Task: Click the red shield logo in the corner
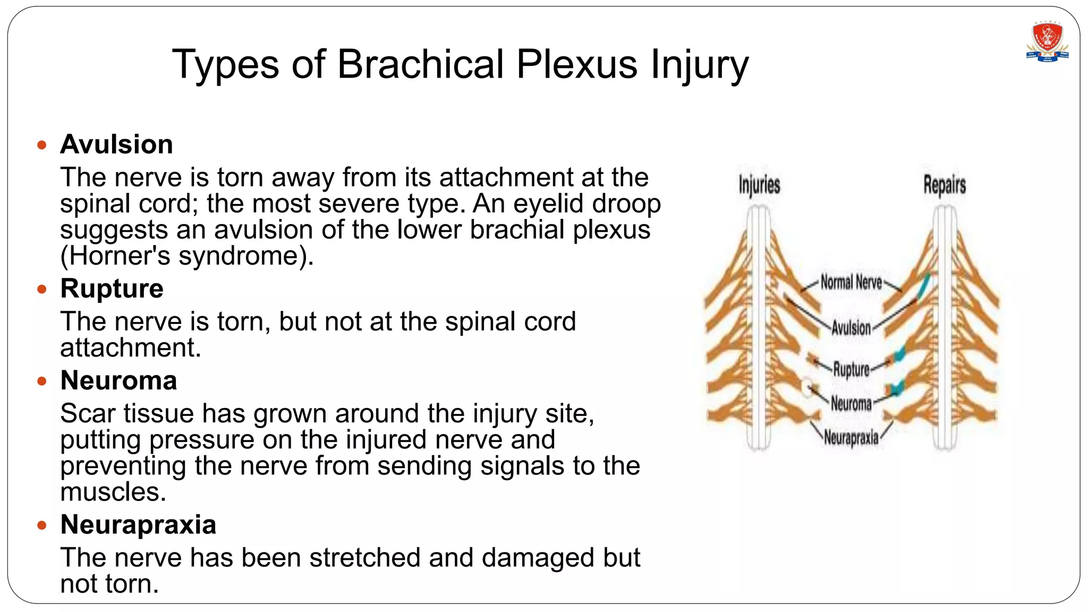click(x=1047, y=42)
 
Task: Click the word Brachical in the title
click(x=420, y=64)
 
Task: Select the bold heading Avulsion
click(x=116, y=144)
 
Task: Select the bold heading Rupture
click(x=112, y=289)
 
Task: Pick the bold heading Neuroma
click(x=118, y=381)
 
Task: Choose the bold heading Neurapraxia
click(x=138, y=525)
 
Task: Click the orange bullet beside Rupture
click(x=42, y=290)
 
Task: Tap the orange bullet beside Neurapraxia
click(x=42, y=525)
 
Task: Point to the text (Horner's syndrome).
click(x=187, y=256)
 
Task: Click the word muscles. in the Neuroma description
click(x=113, y=492)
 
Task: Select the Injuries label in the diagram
click(x=759, y=185)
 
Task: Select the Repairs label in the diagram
click(x=944, y=185)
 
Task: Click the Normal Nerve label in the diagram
click(x=851, y=282)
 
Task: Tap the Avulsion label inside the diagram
click(x=851, y=328)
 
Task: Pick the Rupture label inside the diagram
click(x=851, y=369)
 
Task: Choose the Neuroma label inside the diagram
click(x=851, y=404)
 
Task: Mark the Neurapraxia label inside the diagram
click(x=851, y=438)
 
